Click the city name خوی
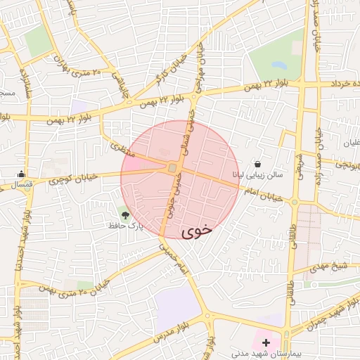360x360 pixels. [197, 231]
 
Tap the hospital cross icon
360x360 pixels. [265, 342]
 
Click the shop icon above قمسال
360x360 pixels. [23, 174]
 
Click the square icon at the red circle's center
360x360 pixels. [172, 168]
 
